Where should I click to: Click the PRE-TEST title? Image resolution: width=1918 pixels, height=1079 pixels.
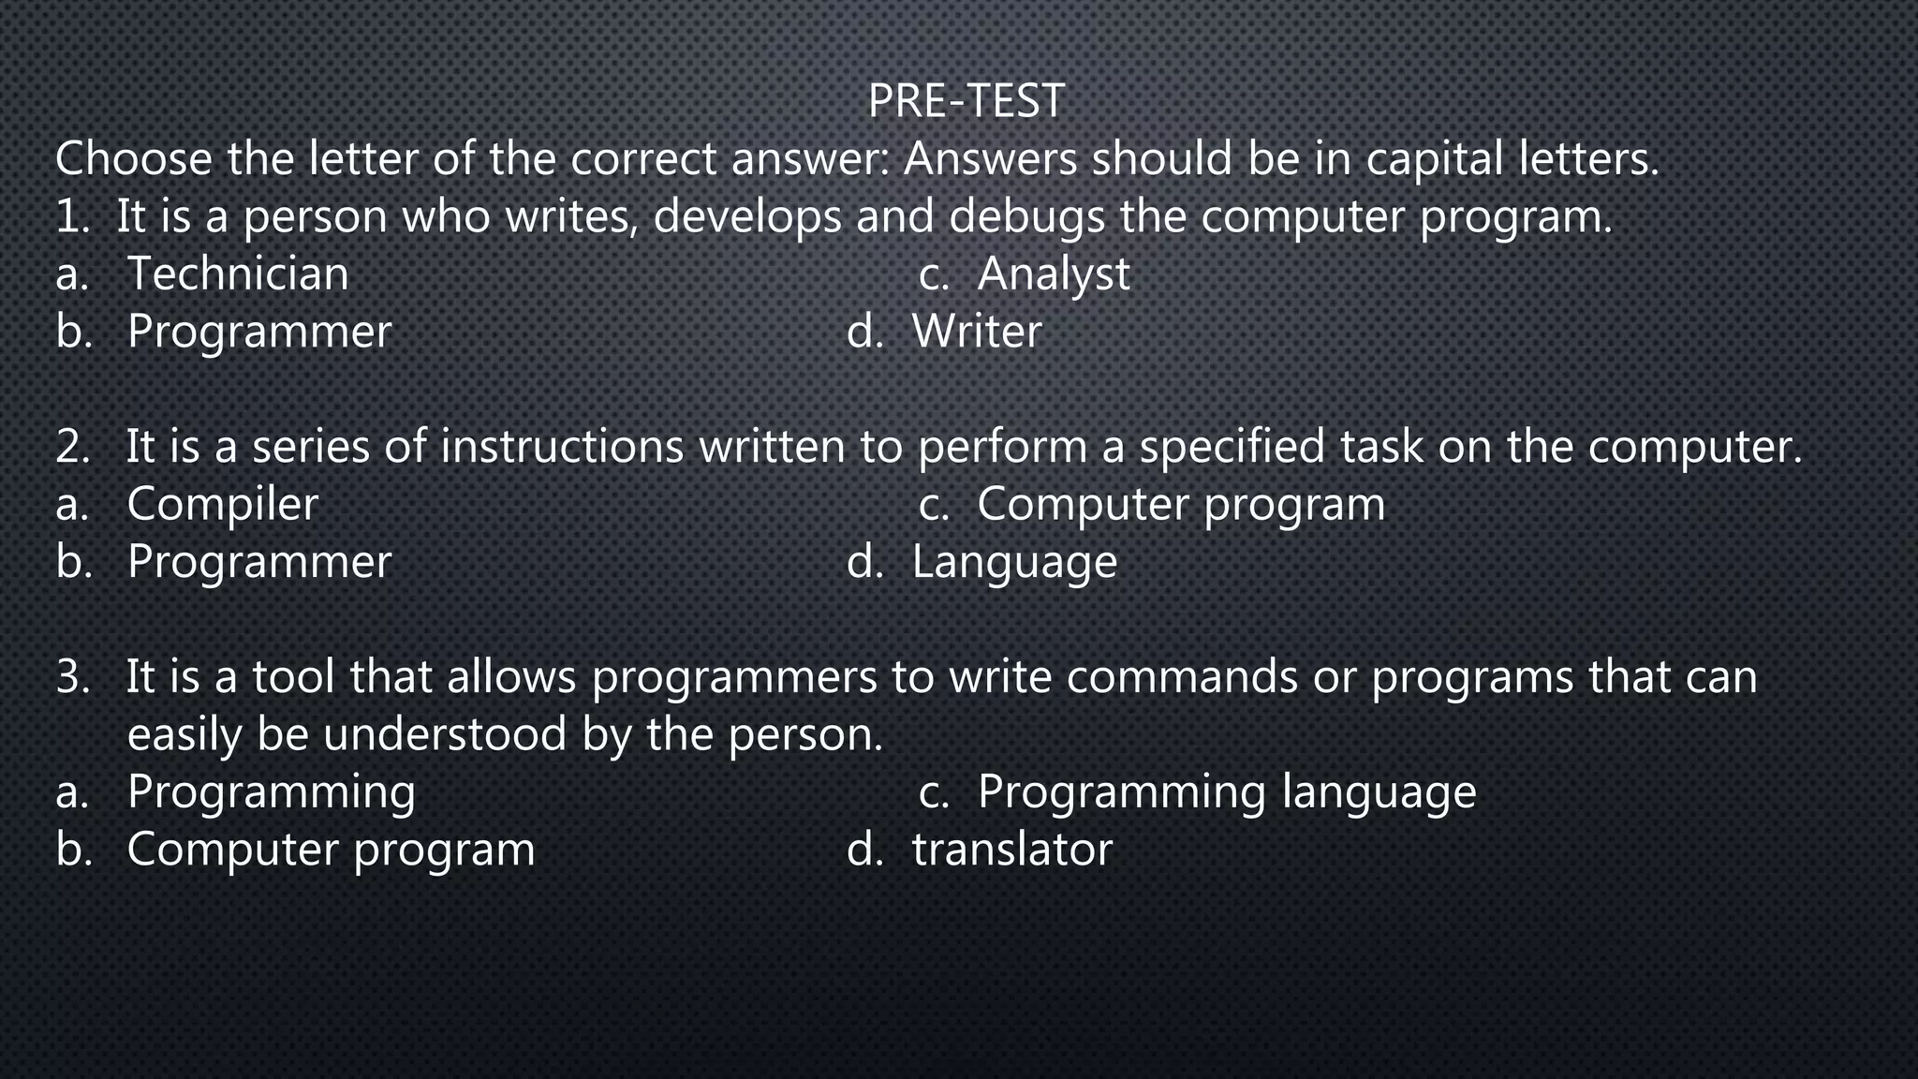pos(966,101)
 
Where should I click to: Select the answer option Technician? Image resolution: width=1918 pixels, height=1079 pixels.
pos(237,274)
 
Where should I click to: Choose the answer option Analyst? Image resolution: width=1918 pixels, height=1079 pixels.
pos(1053,274)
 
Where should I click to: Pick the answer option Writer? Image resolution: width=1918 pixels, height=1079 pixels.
pos(976,332)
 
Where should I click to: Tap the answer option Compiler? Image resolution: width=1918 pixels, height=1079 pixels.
pos(222,505)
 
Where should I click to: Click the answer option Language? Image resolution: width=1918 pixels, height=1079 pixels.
pos(1013,562)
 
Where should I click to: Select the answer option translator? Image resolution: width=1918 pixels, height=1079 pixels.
pos(1011,850)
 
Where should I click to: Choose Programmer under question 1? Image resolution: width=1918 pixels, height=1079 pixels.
pos(258,332)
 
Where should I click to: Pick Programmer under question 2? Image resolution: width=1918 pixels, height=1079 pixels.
pos(258,562)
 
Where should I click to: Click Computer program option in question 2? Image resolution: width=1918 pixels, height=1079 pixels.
pos(1180,505)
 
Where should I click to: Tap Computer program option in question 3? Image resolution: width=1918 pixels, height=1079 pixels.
pos(331,850)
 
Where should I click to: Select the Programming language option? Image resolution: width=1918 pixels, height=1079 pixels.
pos(1226,792)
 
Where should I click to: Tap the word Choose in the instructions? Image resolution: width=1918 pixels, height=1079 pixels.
pos(134,159)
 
